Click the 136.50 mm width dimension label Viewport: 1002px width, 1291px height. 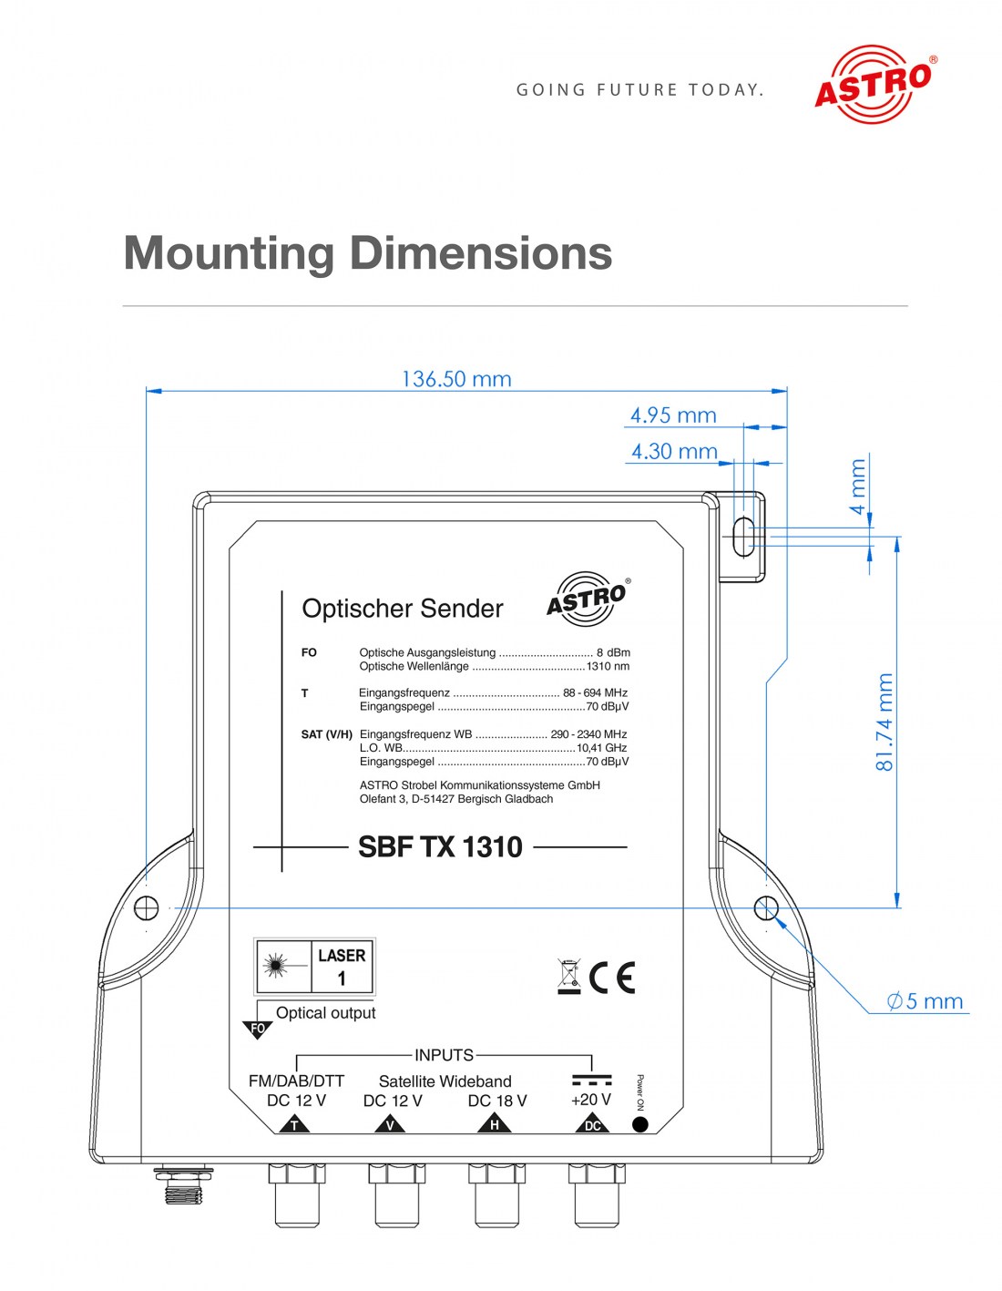point(456,379)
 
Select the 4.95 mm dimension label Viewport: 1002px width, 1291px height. point(673,415)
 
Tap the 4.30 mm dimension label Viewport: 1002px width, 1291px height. point(674,452)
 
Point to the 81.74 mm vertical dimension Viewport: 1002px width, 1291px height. point(884,722)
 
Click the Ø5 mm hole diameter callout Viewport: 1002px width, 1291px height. point(925,1001)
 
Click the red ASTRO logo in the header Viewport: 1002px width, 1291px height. point(873,84)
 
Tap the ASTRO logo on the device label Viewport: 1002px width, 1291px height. point(588,599)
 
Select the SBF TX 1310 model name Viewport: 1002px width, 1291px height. point(440,847)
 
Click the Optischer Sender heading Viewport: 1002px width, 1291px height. point(402,609)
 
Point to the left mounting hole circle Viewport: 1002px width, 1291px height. point(147,907)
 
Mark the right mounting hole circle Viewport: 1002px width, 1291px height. point(766,907)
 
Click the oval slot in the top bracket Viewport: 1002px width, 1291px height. point(743,537)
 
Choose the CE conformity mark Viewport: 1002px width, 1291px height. point(612,978)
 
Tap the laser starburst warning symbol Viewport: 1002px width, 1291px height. point(274,966)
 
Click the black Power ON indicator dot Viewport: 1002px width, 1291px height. point(639,1124)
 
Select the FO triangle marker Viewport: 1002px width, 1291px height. point(258,1030)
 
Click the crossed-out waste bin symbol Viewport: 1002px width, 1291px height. point(569,976)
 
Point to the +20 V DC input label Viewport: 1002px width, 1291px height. point(591,1100)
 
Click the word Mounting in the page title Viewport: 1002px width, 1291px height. point(229,253)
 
